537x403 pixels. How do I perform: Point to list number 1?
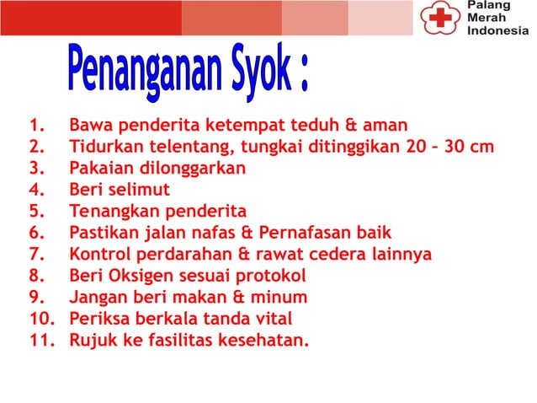pyautogui.click(x=36, y=126)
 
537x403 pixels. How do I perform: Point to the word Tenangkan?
pyautogui.click(x=112, y=211)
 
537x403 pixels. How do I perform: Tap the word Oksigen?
pyautogui.click(x=138, y=276)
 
